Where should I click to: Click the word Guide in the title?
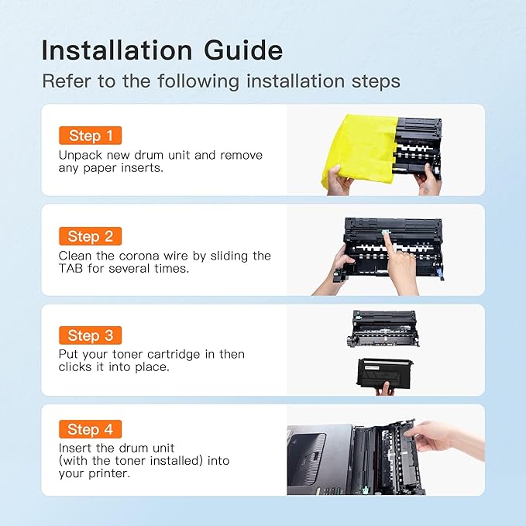(243, 50)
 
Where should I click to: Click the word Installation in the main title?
(117, 50)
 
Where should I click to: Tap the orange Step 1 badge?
(90, 136)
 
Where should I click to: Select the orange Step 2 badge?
(90, 236)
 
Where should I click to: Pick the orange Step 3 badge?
(90, 335)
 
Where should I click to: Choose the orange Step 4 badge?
(90, 429)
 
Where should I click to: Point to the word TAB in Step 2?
(70, 268)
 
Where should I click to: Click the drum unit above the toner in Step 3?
(383, 328)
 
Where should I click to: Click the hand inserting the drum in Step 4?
(446, 439)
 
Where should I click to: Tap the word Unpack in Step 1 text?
(81, 155)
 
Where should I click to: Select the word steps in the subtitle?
(376, 82)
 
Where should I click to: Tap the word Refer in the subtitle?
(67, 81)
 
